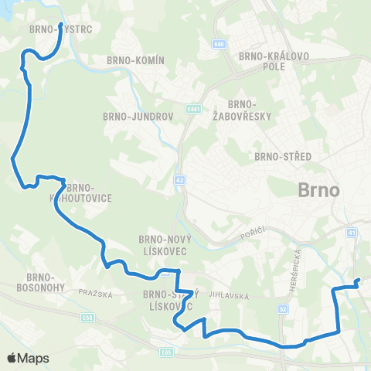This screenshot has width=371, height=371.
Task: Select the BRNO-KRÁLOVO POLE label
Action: point(264,61)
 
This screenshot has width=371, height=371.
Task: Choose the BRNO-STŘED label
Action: point(283,156)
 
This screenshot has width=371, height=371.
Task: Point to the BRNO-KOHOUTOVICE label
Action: point(83,192)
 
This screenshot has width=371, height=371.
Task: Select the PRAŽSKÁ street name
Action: point(96,294)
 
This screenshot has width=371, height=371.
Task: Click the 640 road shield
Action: point(220,44)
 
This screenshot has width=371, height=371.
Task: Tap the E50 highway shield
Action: point(89,317)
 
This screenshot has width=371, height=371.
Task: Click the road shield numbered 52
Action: point(282,308)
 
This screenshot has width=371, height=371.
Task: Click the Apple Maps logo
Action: point(27,358)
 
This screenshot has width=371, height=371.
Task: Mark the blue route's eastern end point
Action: point(357,281)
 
